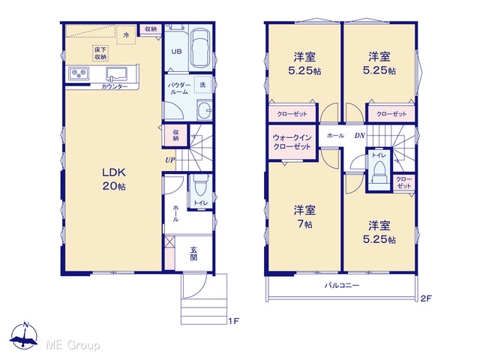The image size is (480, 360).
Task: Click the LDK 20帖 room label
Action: click(114, 179)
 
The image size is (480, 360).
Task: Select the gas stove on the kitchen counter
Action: click(79, 73)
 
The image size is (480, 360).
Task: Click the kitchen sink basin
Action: click(117, 73)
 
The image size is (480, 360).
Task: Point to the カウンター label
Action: click(115, 87)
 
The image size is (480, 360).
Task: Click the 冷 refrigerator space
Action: click(126, 35)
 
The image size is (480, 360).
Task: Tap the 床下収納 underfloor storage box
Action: click(100, 53)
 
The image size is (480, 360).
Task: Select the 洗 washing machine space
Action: click(202, 85)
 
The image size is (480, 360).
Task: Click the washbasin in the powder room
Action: click(205, 110)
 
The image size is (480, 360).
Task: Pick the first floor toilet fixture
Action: click(201, 185)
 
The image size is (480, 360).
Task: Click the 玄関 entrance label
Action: click(193, 253)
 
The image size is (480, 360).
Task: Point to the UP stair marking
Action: click(170, 160)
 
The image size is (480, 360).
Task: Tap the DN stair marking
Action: click(360, 135)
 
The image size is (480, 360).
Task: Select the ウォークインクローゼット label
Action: click(292, 142)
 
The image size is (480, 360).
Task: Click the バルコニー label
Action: click(342, 286)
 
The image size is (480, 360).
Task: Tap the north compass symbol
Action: click(24, 336)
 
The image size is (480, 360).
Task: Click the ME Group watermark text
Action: click(73, 346)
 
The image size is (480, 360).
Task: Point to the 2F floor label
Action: click(426, 298)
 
